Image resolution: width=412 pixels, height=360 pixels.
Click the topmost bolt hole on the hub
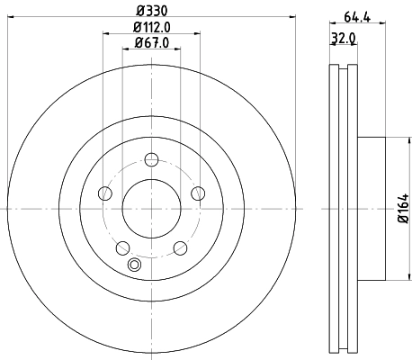point(151,160)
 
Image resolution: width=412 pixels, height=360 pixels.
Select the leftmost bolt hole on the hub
point(105,193)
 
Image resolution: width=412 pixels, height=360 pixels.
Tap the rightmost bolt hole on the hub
point(197,193)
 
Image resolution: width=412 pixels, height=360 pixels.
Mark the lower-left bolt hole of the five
point(122,247)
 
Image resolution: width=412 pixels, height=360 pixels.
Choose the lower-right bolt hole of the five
point(179,247)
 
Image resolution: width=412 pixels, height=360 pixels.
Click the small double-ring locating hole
point(135,265)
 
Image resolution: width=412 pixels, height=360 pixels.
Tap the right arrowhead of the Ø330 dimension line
point(293,20)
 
